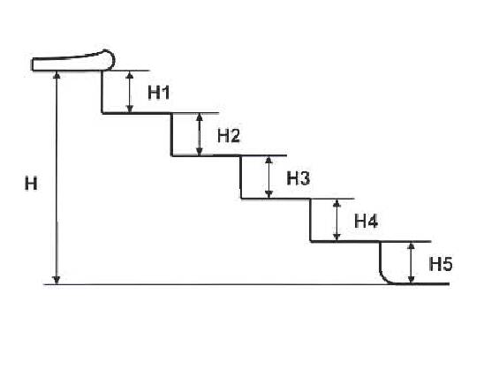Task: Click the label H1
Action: (159, 93)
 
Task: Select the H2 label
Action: (229, 136)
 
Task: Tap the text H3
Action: (299, 178)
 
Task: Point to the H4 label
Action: (367, 221)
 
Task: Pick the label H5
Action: (441, 264)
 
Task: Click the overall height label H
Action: (31, 184)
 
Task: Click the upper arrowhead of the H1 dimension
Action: (130, 75)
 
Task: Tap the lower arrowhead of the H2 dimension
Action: (200, 151)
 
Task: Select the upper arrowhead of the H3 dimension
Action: (269, 161)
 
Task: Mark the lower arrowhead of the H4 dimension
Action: (336, 237)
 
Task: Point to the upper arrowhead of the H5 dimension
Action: (412, 246)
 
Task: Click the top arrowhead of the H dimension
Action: (57, 75)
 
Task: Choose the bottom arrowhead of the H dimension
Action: (57, 279)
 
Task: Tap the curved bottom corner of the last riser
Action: (386, 278)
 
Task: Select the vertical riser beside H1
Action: (102, 92)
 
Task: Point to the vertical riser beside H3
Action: (241, 177)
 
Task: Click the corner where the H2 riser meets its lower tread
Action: (172, 155)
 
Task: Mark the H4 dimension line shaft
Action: (336, 220)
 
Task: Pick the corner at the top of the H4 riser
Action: (311, 199)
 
